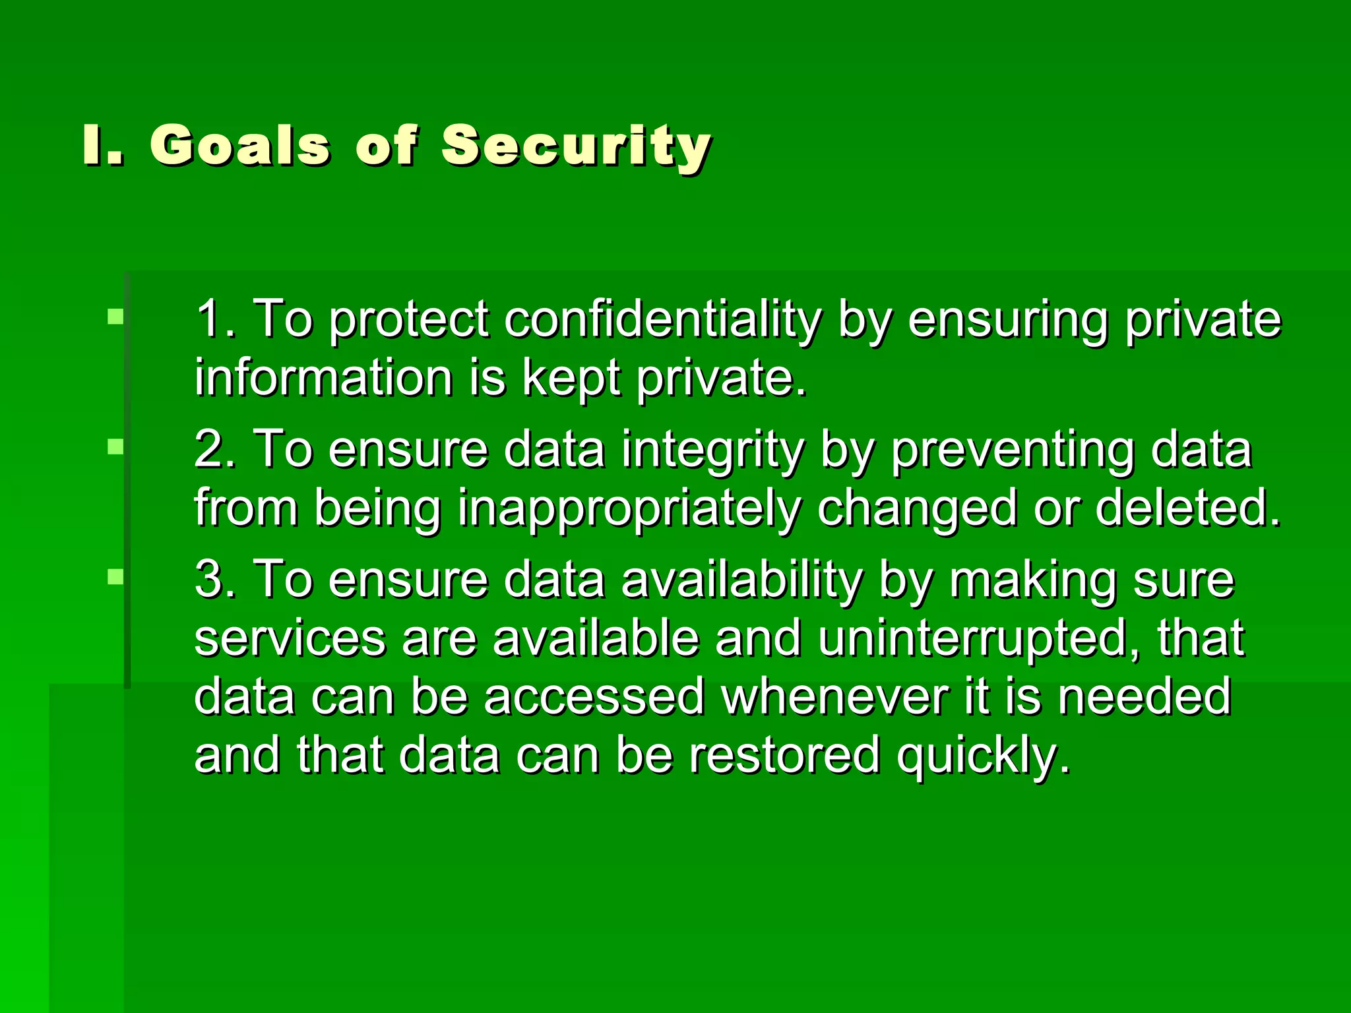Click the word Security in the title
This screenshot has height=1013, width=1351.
pos(576,145)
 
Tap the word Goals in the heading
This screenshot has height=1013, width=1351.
pos(239,145)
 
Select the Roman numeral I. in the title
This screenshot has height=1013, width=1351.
pos(103,145)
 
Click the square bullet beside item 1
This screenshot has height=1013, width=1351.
pos(115,317)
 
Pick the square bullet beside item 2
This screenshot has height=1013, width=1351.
pos(115,448)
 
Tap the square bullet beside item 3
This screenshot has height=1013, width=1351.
pos(115,578)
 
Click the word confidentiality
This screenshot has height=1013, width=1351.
pos(663,320)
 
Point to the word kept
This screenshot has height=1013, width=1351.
pos(571,379)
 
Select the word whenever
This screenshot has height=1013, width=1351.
pos(835,696)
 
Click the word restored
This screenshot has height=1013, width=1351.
pos(784,755)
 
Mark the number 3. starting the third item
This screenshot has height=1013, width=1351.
pos(215,579)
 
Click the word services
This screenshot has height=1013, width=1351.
pos(290,638)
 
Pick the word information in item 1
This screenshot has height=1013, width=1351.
pos(323,378)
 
